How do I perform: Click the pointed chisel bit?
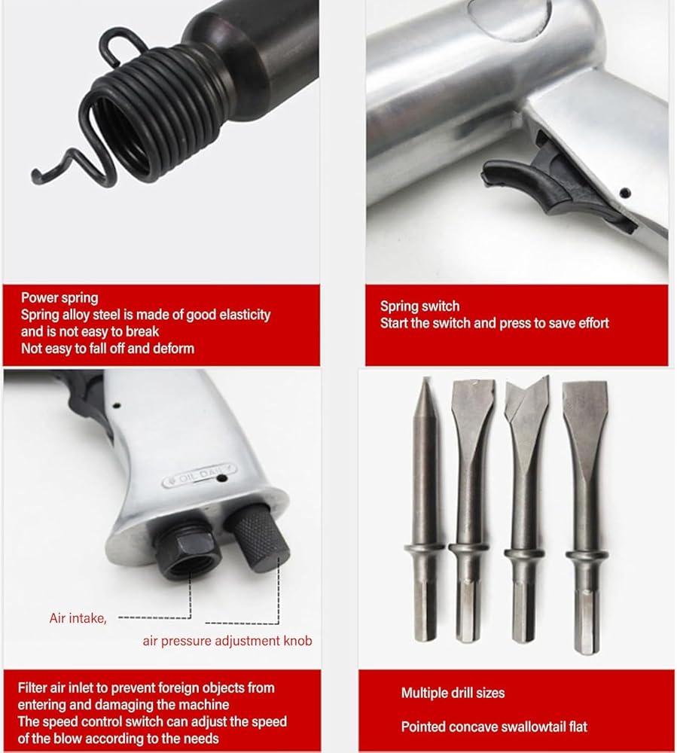pos(425,509)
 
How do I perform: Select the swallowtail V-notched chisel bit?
pos(526,509)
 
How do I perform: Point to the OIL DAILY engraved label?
pos(200,475)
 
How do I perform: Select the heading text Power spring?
pos(59,297)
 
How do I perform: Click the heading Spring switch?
pos(419,306)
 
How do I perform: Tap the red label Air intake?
pos(78,618)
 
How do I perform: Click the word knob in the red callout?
pos(297,641)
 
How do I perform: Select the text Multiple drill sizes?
pos(453,693)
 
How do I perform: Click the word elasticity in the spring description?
pos(245,315)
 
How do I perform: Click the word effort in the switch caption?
pos(593,323)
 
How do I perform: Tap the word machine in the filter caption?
pos(206,705)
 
